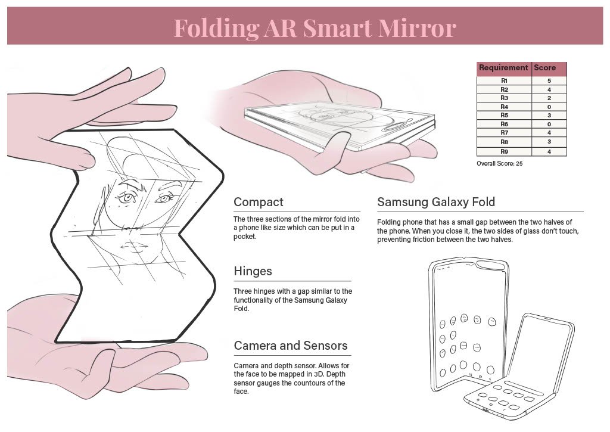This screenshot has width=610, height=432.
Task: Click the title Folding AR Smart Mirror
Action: (x=315, y=27)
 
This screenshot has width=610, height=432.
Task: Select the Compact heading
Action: (x=259, y=201)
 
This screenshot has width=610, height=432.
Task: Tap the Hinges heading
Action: (x=253, y=271)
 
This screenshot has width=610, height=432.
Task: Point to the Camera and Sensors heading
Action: (x=291, y=346)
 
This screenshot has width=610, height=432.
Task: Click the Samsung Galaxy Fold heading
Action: (x=436, y=202)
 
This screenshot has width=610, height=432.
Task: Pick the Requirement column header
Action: (x=503, y=68)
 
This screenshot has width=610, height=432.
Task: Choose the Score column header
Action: (x=544, y=68)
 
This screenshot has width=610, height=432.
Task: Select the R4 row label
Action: (x=504, y=107)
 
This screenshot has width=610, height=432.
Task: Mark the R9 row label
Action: (x=504, y=151)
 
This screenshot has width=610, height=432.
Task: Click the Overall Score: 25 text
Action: (x=500, y=163)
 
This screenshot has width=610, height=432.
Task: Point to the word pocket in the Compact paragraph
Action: (x=245, y=237)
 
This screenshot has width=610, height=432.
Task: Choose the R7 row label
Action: (x=504, y=133)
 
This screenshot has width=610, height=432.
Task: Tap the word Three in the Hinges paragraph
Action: (x=244, y=291)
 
